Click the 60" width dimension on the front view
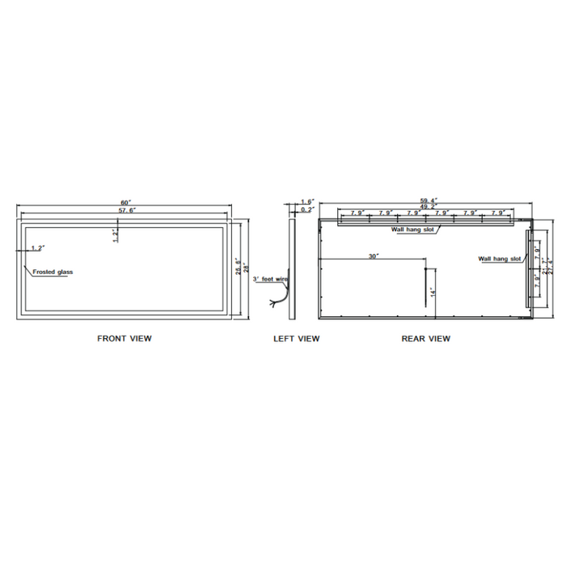(125, 202)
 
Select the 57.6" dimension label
(125, 210)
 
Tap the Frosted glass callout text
(53, 272)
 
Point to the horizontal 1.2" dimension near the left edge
(37, 247)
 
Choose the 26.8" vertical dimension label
(238, 267)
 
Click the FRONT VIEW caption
(125, 339)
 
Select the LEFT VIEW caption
(296, 339)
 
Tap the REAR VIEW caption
(425, 339)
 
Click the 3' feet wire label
(269, 279)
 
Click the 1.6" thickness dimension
(306, 201)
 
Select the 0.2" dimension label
(306, 209)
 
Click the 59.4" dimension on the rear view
(428, 201)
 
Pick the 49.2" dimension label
(428, 207)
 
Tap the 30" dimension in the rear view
(373, 256)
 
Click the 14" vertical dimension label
(433, 291)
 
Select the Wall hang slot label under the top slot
(413, 230)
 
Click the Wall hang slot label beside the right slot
(499, 259)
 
